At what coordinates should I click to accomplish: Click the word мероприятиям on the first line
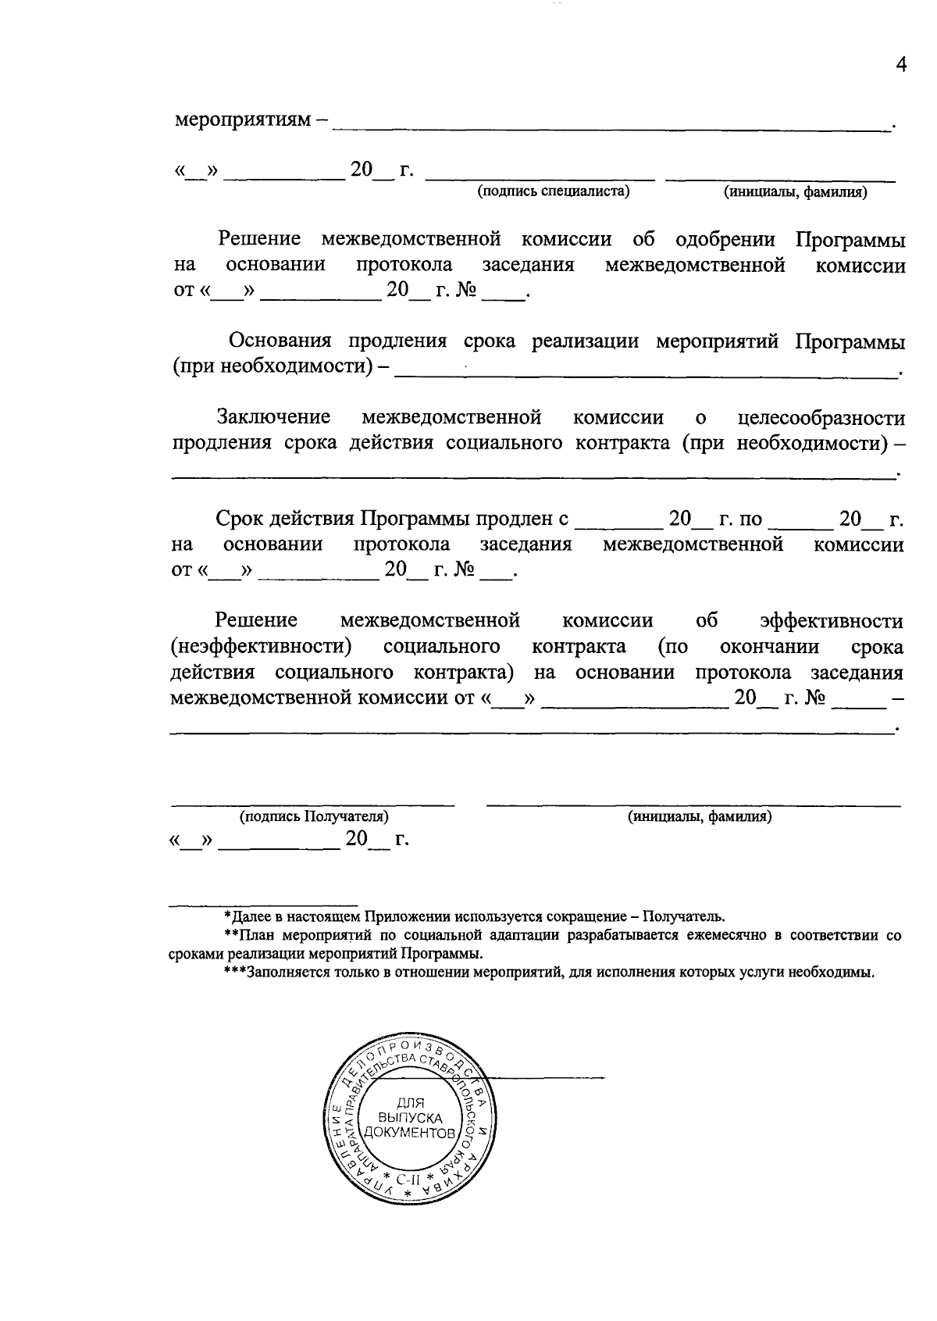coord(241,120)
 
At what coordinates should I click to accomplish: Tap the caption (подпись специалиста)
coord(554,191)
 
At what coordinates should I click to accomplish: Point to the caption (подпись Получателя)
coord(314,816)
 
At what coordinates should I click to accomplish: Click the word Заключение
coord(273,417)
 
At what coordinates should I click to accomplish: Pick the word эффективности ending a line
coord(832,620)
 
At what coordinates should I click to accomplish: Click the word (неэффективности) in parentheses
coord(261,647)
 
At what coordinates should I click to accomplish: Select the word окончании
coord(768,647)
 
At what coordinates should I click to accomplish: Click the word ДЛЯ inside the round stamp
coord(410,1103)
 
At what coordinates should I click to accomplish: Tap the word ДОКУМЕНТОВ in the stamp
coord(410,1132)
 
